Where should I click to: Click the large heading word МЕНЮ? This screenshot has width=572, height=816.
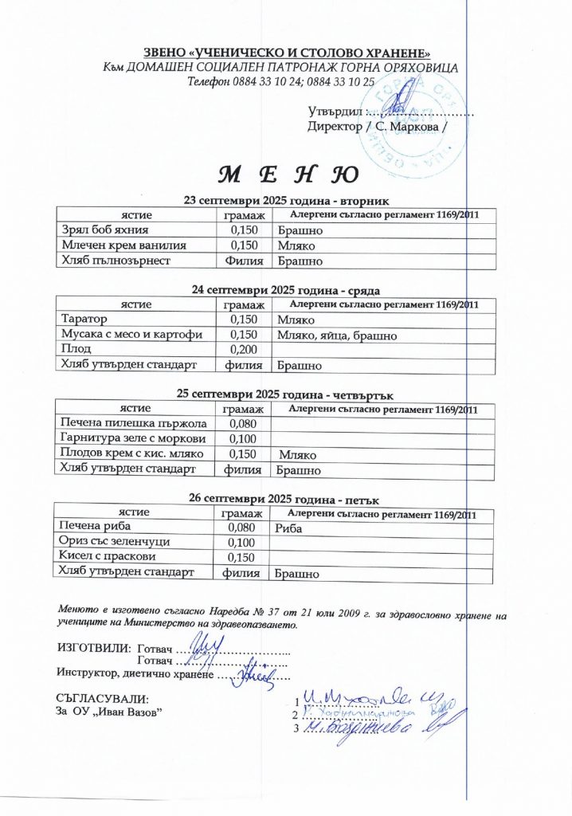click(x=288, y=173)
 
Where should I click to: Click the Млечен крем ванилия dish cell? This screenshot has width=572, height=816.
click(x=124, y=245)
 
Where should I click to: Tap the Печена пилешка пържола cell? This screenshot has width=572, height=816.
click(x=134, y=423)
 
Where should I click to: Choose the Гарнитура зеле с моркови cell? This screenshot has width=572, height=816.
click(x=133, y=439)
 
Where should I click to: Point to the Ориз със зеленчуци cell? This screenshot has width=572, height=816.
click(x=115, y=542)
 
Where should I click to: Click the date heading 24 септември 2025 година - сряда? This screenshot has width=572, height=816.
click(x=285, y=290)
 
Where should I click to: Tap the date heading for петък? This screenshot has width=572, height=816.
click(x=285, y=499)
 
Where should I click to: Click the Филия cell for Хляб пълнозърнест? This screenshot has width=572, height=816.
click(x=242, y=260)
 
